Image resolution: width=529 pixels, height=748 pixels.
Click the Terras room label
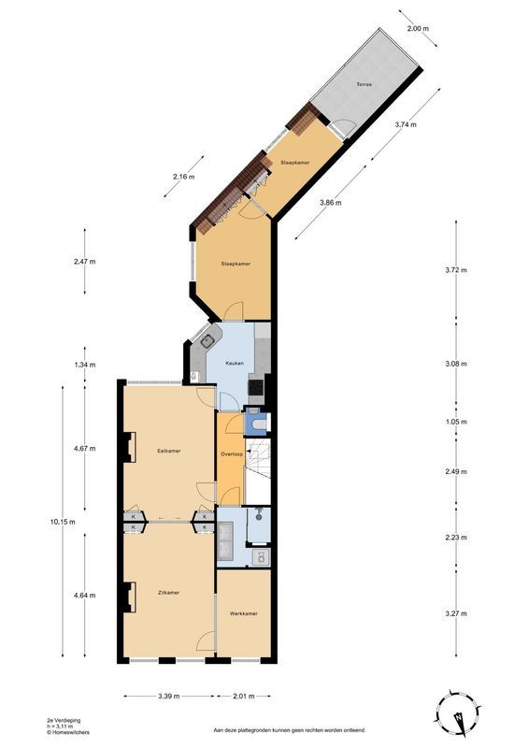[364, 85]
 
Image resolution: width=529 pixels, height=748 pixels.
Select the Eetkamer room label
[169, 451]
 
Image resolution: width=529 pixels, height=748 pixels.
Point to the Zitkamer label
[169, 593]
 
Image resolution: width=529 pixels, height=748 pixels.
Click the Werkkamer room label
[243, 613]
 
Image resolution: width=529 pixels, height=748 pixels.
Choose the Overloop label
[232, 454]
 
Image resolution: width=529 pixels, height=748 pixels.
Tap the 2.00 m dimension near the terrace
[418, 29]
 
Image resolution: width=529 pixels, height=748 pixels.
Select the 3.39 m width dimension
[169, 696]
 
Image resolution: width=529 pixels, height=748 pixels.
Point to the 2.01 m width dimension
[244, 696]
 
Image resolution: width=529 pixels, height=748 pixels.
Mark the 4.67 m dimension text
[86, 449]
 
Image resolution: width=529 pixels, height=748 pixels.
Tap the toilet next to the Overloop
[259, 424]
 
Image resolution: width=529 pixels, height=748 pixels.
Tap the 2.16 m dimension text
[184, 177]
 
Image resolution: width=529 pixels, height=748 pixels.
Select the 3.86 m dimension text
[331, 202]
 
